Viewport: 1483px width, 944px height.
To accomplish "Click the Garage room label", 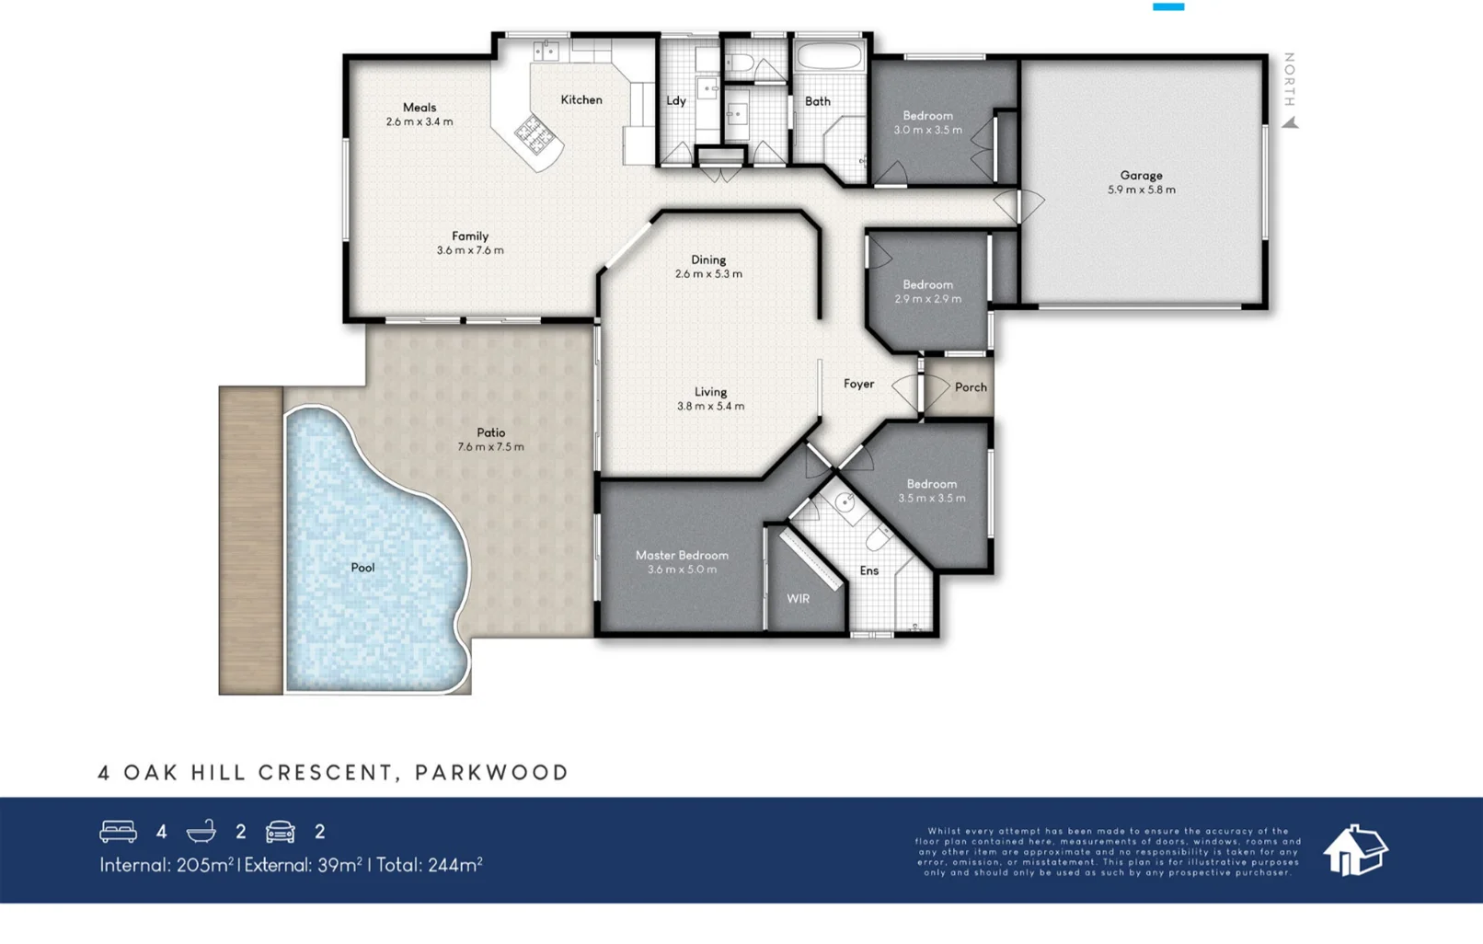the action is coord(1141,176).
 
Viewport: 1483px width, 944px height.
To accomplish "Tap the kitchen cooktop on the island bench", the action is coord(535,134).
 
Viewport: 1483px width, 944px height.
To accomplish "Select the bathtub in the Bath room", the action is coord(830,56).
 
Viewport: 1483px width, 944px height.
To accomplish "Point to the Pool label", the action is coord(362,568).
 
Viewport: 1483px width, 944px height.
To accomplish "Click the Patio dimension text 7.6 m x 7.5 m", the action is coord(490,447).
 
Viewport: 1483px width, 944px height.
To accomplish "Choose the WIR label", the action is coord(798,598).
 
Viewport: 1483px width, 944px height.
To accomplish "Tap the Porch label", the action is coord(971,387).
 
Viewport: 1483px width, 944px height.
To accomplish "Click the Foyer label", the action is coord(858,384).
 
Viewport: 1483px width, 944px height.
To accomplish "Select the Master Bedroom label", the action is coord(682,556).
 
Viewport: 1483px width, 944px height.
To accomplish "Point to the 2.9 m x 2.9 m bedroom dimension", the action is coord(927,299).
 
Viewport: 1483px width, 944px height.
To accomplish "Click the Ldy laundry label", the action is coord(676,100).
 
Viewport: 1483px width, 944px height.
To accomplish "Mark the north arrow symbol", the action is coord(1291,122).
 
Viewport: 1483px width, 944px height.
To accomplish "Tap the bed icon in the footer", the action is coord(119,832).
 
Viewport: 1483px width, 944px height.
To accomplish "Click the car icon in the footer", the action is coord(280,832).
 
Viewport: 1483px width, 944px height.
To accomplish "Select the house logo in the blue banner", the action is coord(1355,851).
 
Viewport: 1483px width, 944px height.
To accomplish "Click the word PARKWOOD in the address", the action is coord(492,773).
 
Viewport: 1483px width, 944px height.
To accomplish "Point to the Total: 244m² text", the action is coord(429,865).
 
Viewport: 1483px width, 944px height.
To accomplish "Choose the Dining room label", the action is coord(708,260).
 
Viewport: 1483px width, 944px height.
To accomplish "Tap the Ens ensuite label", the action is coord(869,570).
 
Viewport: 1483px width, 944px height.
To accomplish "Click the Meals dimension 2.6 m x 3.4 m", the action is coord(420,121).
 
